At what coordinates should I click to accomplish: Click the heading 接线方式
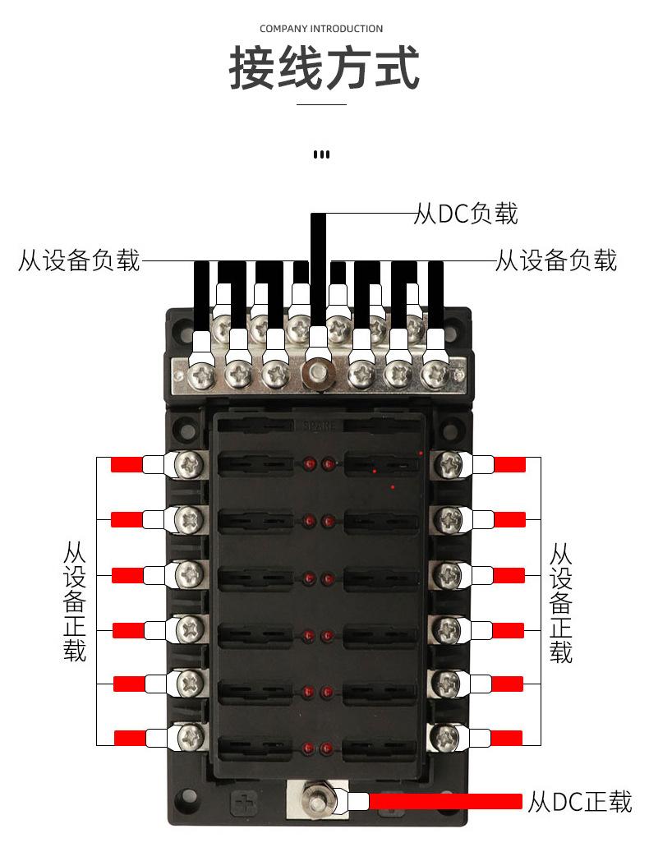coord(324,68)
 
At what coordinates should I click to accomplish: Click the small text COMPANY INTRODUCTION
coord(321,29)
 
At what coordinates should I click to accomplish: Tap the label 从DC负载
coord(466,213)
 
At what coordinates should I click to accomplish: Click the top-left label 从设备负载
coord(80,260)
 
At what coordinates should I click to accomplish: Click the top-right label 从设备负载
coord(556,260)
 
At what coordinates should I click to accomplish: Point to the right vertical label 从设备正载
coord(561,602)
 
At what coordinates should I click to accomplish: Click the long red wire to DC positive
coord(445,801)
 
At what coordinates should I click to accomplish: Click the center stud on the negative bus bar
coord(317,373)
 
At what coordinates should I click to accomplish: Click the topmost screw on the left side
coord(190,465)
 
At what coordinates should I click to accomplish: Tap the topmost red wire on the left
coord(127,464)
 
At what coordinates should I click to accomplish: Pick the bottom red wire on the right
coord(507,738)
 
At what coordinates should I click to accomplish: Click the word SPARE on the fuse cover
coord(320,426)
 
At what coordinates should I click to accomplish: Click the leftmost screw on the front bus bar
coord(202,375)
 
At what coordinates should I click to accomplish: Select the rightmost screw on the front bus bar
coord(435,375)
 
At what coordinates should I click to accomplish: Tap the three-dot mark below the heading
coord(321,154)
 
